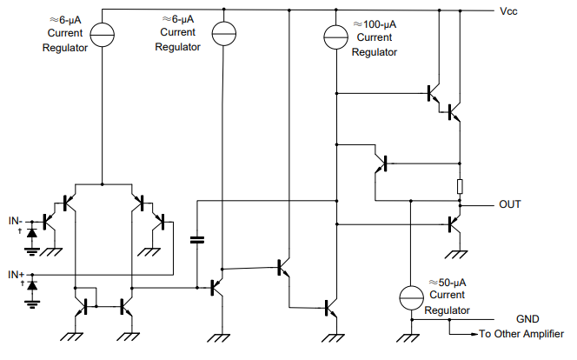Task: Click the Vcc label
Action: [x=509, y=11]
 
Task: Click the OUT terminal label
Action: [x=511, y=205]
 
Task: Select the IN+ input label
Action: [x=17, y=275]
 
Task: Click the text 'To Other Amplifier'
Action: [x=521, y=334]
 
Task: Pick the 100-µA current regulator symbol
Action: [x=335, y=37]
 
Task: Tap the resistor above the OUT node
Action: [x=460, y=186]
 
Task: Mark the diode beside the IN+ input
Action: [x=33, y=285]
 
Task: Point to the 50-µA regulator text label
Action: [x=448, y=297]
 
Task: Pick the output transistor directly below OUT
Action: [x=454, y=225]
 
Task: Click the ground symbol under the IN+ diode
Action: [x=33, y=303]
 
